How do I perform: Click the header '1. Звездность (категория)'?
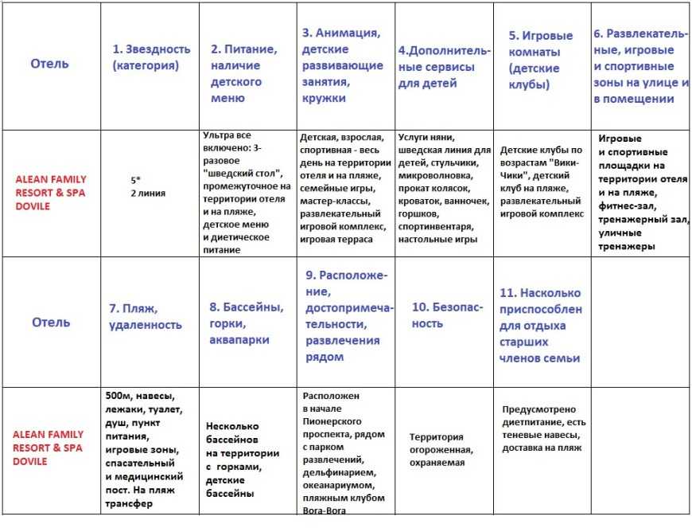pos(151,57)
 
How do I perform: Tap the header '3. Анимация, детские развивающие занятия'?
pos(342,65)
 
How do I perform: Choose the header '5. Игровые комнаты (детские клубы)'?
pos(540,60)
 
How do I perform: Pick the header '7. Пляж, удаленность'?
pos(146,316)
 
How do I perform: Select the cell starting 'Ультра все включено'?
pos(247,192)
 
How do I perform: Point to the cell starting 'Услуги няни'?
pos(445,187)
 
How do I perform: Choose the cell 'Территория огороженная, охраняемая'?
pos(442,450)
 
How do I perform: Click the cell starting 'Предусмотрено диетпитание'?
pos(544,428)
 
